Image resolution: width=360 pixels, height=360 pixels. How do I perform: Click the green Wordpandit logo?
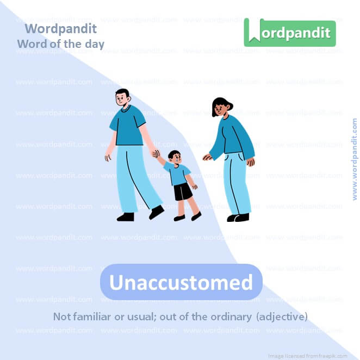[x=289, y=33]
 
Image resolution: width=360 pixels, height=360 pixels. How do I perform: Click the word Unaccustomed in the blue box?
[x=181, y=282]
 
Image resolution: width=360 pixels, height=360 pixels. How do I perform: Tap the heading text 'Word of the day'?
[x=61, y=44]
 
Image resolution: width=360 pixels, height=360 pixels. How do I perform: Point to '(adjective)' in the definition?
[x=282, y=316]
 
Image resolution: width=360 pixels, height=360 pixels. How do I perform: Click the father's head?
[x=123, y=98]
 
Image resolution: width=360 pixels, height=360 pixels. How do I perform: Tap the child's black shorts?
[x=183, y=191]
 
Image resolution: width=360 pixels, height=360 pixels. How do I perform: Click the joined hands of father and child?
[x=156, y=154]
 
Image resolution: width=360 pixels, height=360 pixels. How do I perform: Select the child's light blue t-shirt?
[x=177, y=173]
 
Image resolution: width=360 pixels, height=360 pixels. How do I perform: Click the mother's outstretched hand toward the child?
[x=207, y=158]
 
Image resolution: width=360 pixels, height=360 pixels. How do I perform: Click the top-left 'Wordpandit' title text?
[x=61, y=28]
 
